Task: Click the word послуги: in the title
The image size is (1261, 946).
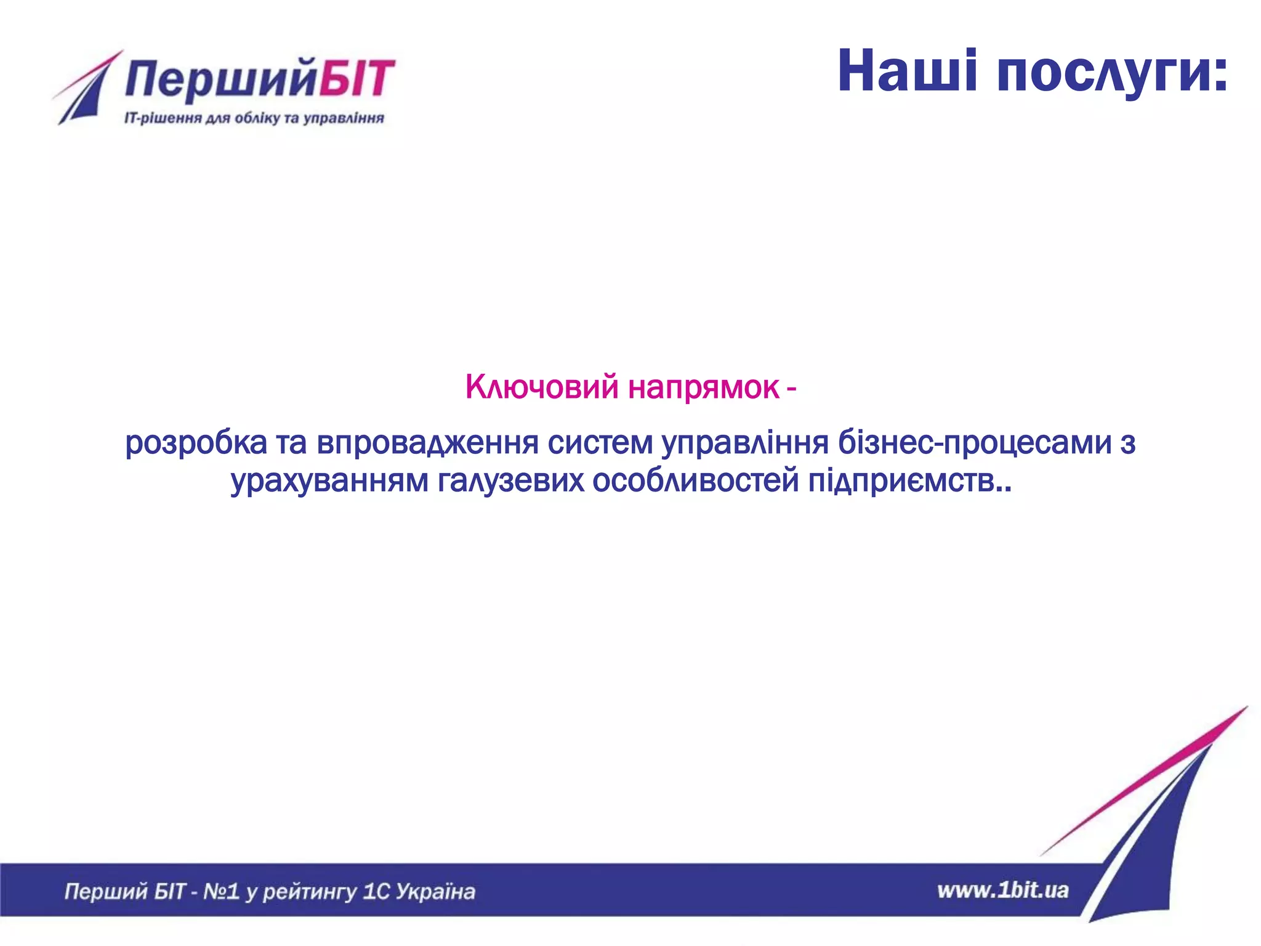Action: [x=1112, y=74]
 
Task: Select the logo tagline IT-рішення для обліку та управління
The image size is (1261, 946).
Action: [x=254, y=118]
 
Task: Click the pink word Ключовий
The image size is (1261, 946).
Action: [x=541, y=387]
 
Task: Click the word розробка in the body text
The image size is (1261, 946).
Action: [x=196, y=443]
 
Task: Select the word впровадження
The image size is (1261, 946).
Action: [x=427, y=443]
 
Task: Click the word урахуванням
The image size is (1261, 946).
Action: [x=329, y=481]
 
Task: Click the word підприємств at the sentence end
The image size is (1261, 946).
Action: [x=901, y=481]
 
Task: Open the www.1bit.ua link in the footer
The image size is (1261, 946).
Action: [x=1002, y=891]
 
